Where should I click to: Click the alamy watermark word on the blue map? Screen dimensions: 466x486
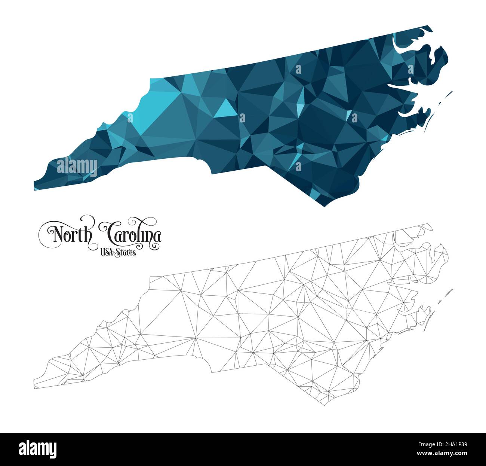click(x=77, y=166)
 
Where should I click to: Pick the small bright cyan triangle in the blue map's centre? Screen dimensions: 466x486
click(x=226, y=109)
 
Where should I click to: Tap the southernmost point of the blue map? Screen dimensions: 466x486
click(x=324, y=206)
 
